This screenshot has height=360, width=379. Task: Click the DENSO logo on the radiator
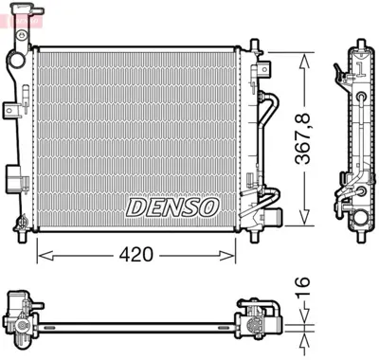(x=172, y=206)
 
